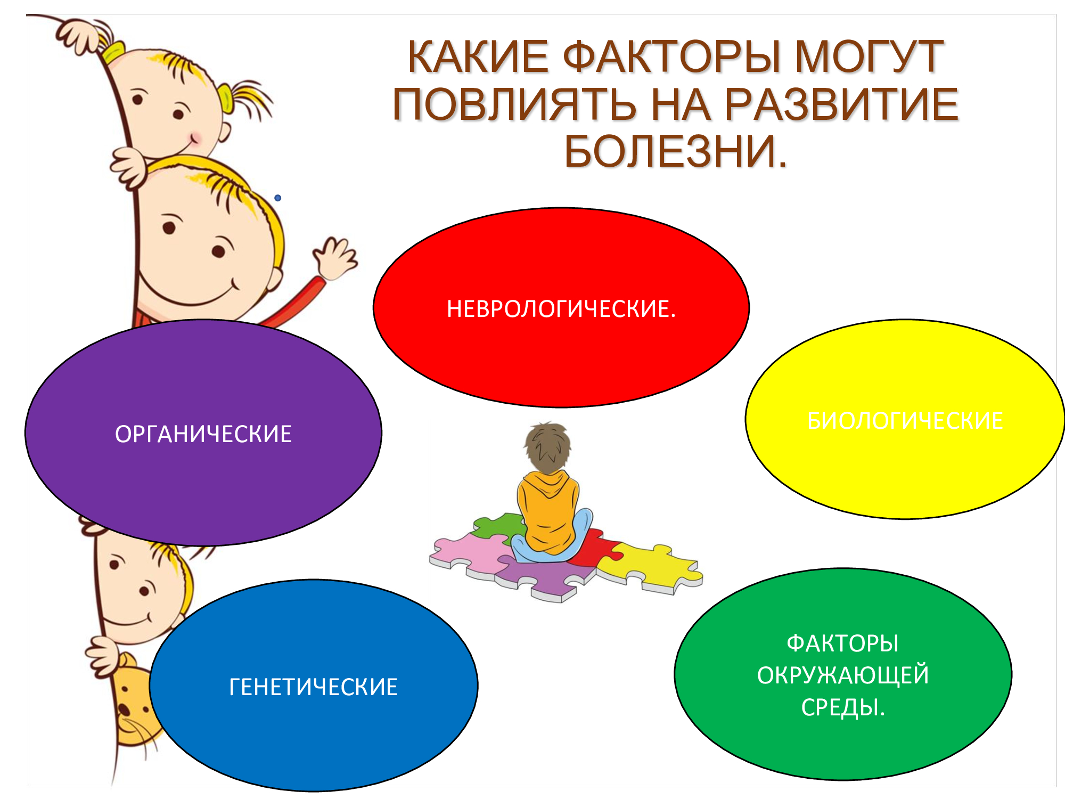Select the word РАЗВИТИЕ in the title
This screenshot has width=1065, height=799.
pyautogui.click(x=841, y=104)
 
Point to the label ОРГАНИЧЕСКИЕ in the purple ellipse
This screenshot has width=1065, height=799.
pyautogui.click(x=203, y=434)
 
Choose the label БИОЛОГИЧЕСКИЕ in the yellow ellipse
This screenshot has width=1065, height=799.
pyautogui.click(x=905, y=421)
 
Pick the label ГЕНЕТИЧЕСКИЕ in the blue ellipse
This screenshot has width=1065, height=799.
pyautogui.click(x=313, y=687)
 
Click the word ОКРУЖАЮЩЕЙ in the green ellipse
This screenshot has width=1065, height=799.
pyautogui.click(x=843, y=675)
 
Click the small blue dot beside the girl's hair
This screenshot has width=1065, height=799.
pyautogui.click(x=277, y=198)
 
